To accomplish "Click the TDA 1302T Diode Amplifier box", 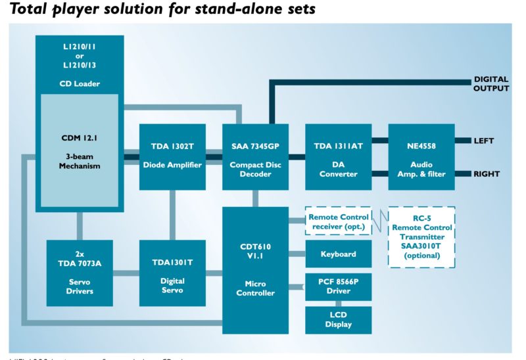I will [x=172, y=157].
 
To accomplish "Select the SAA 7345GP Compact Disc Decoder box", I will [x=255, y=157].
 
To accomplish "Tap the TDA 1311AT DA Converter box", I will [x=338, y=157].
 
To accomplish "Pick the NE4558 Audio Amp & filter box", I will [x=421, y=157].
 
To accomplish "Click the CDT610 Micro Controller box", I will [x=255, y=269].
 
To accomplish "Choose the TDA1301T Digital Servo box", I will [x=172, y=273].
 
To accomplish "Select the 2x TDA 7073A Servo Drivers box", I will [x=80, y=273].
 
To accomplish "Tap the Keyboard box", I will [x=338, y=254].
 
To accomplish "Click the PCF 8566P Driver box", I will [x=338, y=286].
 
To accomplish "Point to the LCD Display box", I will [x=338, y=319].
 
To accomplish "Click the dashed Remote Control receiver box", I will [x=338, y=221].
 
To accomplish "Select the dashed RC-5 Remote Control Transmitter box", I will [x=421, y=237].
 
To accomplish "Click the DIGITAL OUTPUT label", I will [x=491, y=84].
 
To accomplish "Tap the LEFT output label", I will [x=484, y=141].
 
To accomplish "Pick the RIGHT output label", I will [x=487, y=174].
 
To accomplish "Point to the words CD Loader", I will [x=80, y=83].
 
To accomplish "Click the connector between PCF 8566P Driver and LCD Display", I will [x=338, y=303].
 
